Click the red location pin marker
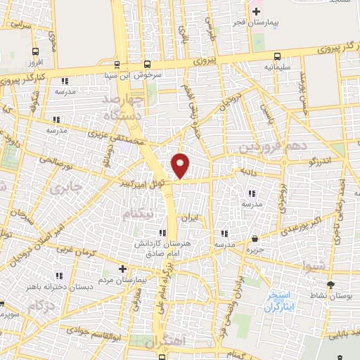[x=181, y=165]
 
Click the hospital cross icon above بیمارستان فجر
[x=256, y=11]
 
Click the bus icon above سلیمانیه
[x=278, y=56]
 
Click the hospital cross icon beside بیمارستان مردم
[x=122, y=269]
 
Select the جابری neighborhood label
[x=67, y=188]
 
